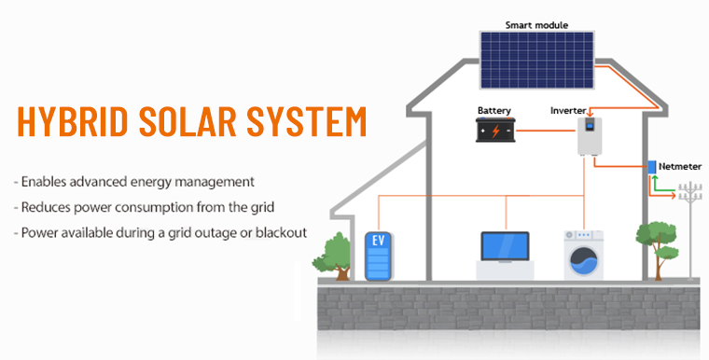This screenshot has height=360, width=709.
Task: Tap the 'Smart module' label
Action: (536, 23)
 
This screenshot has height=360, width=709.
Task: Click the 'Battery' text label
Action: (494, 110)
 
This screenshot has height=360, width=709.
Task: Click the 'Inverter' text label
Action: (568, 110)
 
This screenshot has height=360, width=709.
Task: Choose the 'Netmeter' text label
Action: (680, 167)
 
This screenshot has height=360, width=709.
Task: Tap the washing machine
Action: (582, 255)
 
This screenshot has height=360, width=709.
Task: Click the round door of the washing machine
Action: (582, 261)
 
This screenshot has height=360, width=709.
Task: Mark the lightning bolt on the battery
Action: (501, 132)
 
